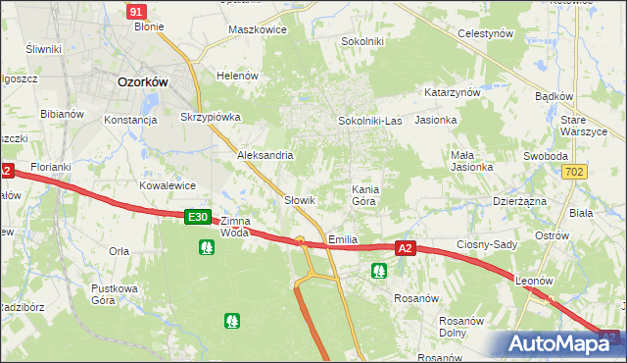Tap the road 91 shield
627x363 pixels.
[x=137, y=11]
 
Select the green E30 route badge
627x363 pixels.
[x=198, y=217]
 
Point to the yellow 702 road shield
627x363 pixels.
[x=576, y=172]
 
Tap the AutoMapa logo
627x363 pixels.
[x=561, y=343]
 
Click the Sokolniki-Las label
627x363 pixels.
[x=369, y=121]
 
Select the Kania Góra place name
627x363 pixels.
[x=363, y=194]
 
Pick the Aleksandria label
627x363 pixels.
[x=265, y=155]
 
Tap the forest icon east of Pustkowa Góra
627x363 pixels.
[x=232, y=320]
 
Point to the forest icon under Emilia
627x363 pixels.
[x=379, y=271]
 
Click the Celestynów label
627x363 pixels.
[x=486, y=33]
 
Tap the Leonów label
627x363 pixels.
[x=534, y=281]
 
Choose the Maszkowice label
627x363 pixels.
[x=257, y=29]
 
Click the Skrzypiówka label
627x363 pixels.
[x=211, y=117]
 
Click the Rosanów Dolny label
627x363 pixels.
[x=464, y=327]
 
